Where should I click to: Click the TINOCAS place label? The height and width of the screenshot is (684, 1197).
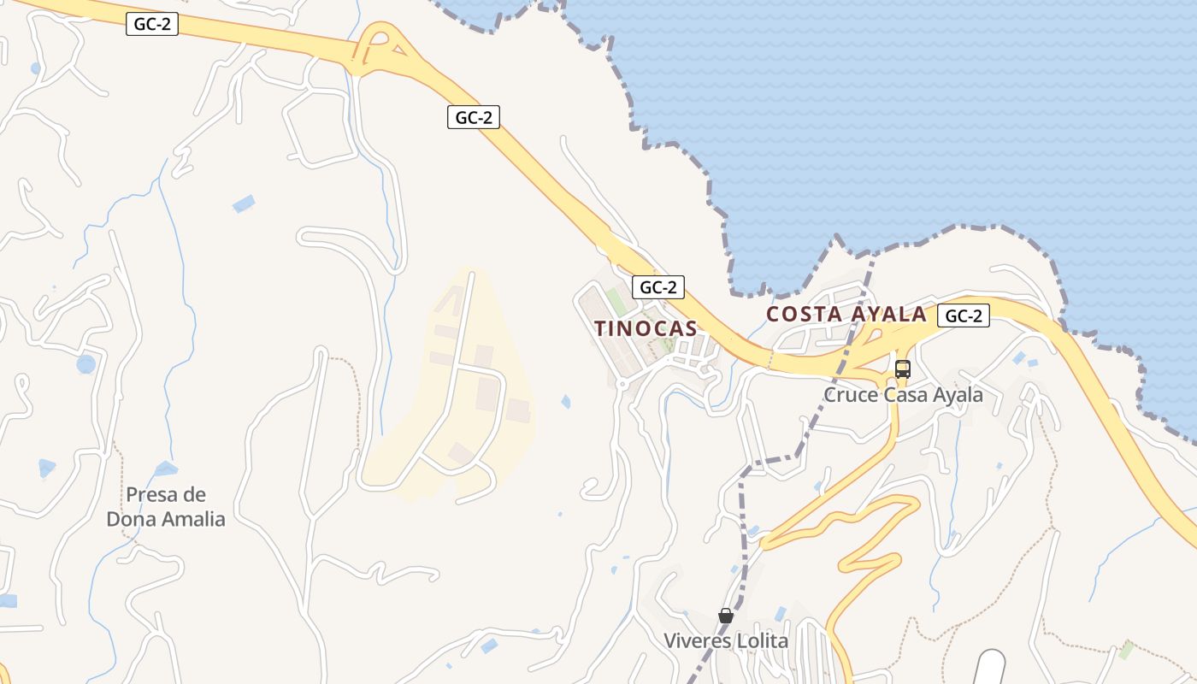(646, 328)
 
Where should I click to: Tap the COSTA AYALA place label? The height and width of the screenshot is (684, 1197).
(846, 314)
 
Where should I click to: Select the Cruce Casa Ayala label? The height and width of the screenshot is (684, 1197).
(903, 395)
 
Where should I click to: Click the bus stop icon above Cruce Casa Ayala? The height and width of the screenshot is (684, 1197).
(903, 369)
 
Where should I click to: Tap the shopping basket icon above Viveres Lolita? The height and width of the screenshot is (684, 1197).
(726, 616)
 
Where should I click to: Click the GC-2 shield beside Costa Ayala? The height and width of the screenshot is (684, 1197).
(964, 315)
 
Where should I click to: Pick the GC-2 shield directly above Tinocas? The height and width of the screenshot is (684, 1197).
(658, 287)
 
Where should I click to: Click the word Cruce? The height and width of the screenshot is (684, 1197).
(848, 395)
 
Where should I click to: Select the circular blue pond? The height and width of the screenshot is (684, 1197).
(85, 364)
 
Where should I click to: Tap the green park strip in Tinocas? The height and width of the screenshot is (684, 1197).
(616, 302)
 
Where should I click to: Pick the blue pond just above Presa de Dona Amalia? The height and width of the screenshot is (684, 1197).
(166, 469)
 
